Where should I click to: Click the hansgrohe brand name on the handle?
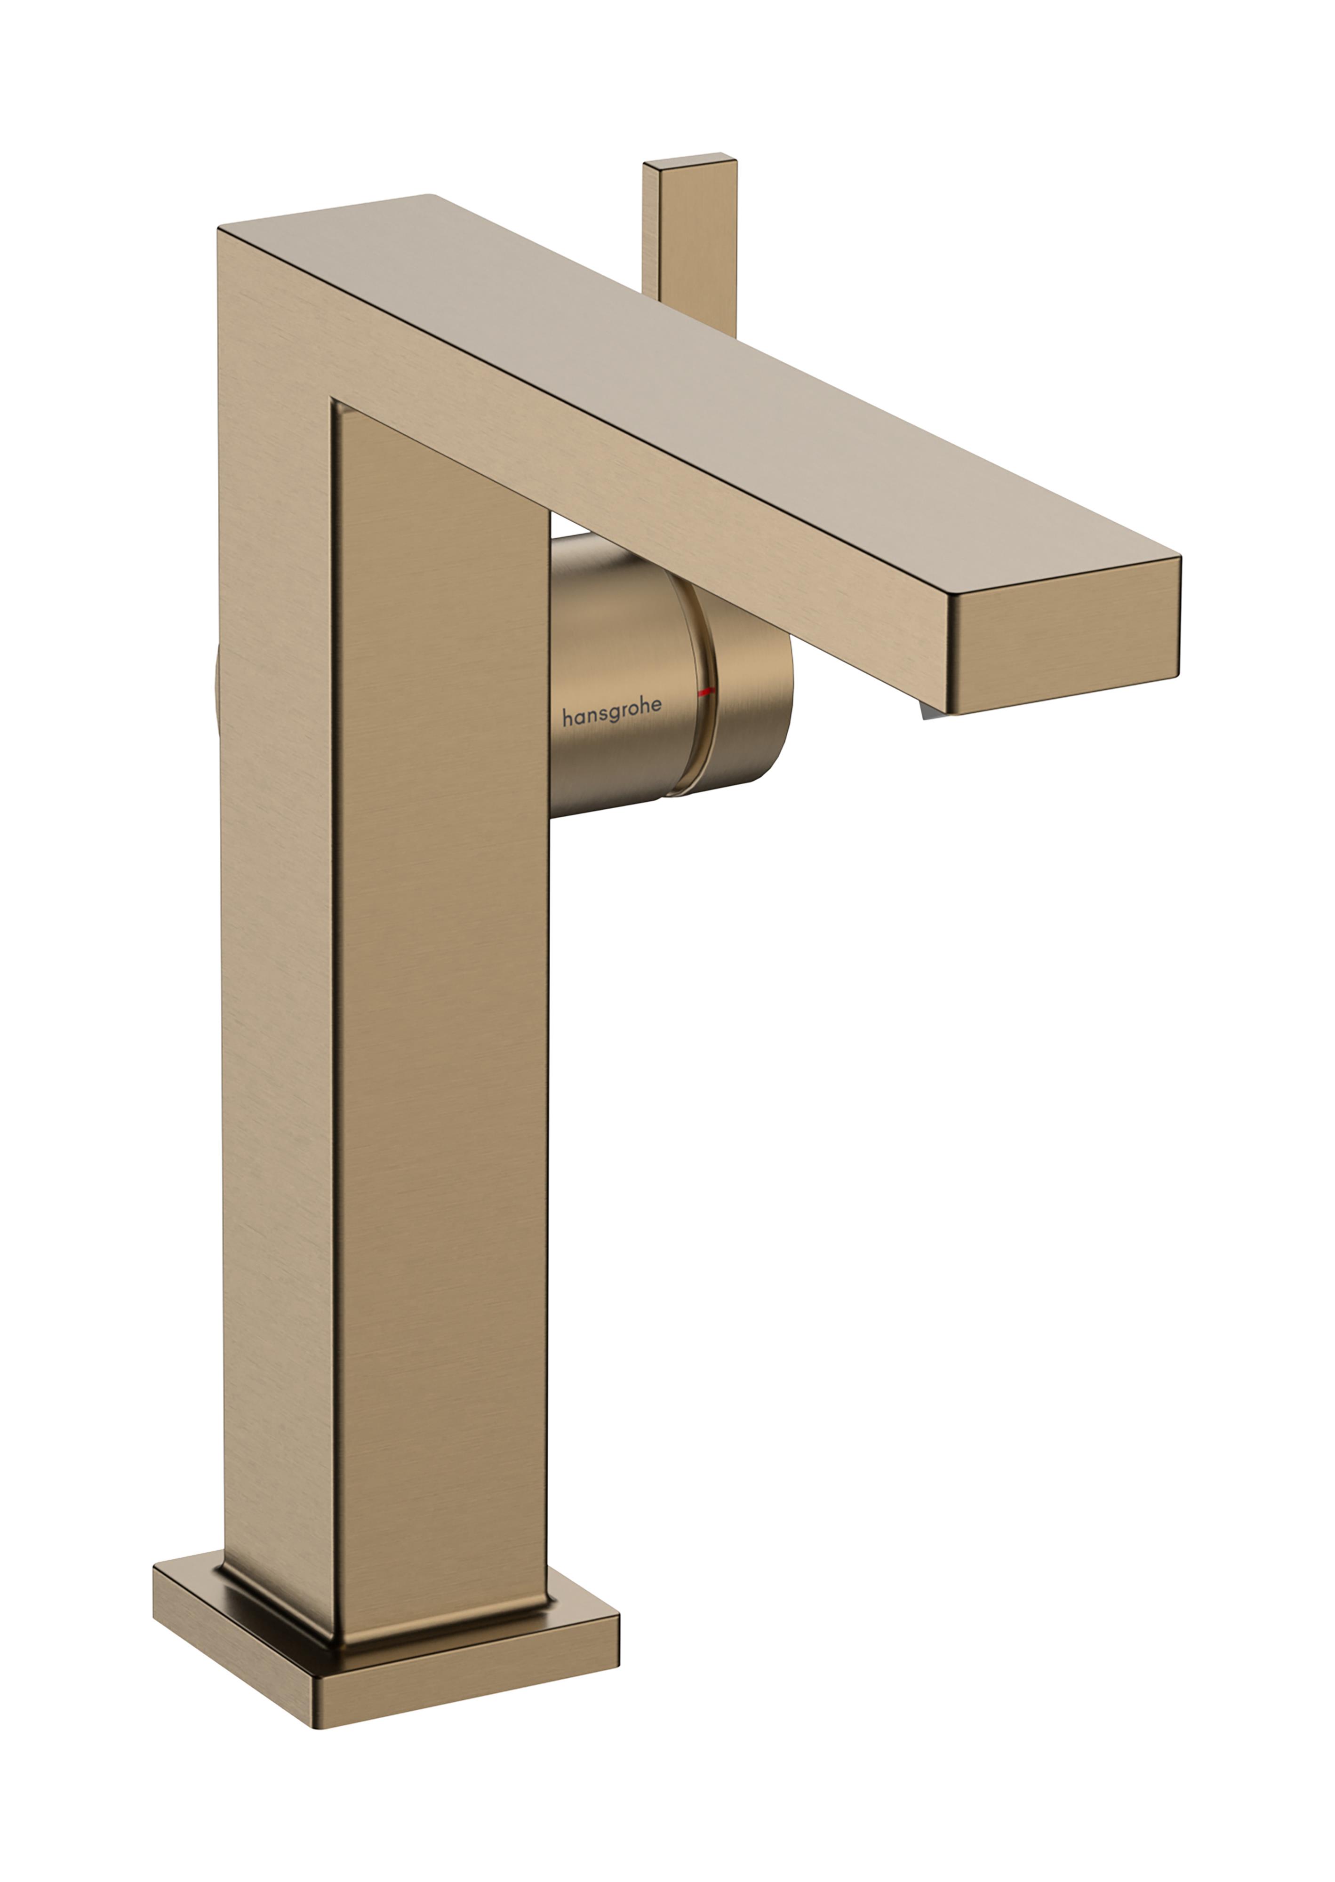612,717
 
